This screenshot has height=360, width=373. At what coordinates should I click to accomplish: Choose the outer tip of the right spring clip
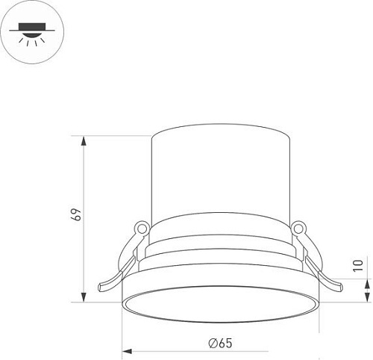click(x=341, y=285)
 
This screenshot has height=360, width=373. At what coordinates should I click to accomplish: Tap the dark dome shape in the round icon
click(x=34, y=32)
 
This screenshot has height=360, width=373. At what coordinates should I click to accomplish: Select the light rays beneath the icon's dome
click(x=34, y=43)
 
